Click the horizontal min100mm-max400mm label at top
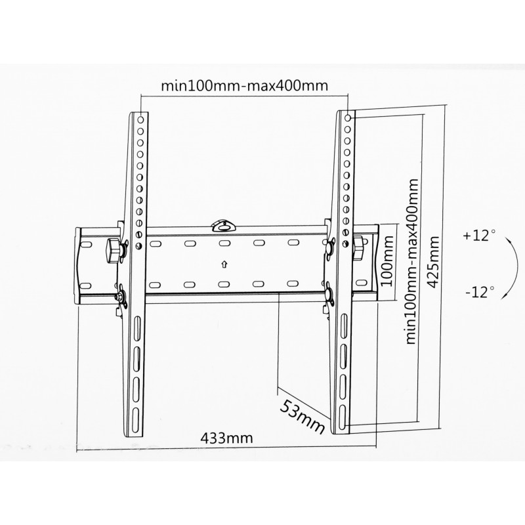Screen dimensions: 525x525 pos(244,86)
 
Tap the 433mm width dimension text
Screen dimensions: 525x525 pos(226,438)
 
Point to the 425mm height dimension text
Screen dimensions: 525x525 pos(433,262)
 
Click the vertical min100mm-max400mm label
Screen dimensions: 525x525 pos(412,261)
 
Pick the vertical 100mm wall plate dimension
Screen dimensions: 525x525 pos(387,261)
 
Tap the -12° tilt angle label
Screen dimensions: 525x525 pos(480,292)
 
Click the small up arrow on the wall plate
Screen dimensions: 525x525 pos(224,264)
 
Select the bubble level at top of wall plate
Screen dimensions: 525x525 pos(224,226)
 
